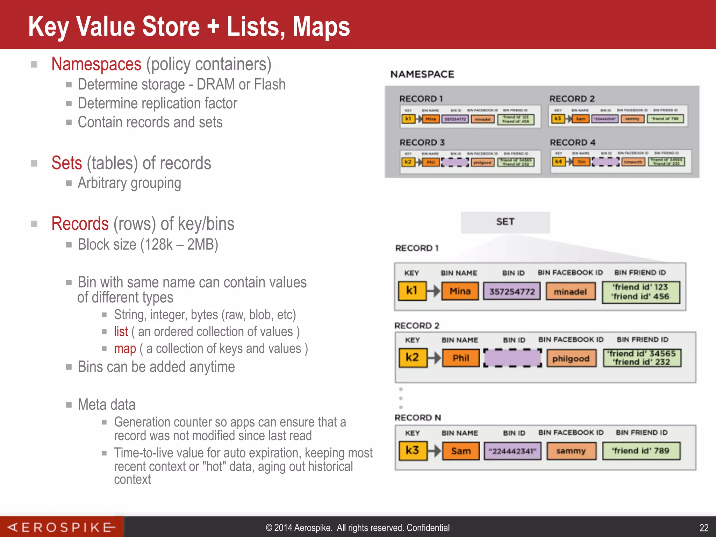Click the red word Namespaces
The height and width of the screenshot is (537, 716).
pyautogui.click(x=96, y=64)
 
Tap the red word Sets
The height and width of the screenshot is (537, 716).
pyautogui.click(x=66, y=163)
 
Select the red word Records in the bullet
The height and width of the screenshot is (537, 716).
pyautogui.click(x=80, y=224)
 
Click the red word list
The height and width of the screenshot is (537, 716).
pyautogui.click(x=121, y=331)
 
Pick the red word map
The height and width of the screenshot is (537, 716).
pyautogui.click(x=124, y=349)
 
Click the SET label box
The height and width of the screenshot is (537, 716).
pyautogui.click(x=505, y=222)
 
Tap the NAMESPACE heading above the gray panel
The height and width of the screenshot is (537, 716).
pyautogui.click(x=422, y=74)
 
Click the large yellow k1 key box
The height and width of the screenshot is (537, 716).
pyautogui.click(x=412, y=291)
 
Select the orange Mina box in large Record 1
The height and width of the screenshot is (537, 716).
pyautogui.click(x=460, y=291)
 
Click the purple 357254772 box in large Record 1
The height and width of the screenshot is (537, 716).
pyautogui.click(x=511, y=292)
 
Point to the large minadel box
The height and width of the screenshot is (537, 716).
pyautogui.click(x=570, y=292)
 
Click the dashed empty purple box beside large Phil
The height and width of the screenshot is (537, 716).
pyautogui.click(x=512, y=358)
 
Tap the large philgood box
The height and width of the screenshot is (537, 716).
pyautogui.click(x=571, y=359)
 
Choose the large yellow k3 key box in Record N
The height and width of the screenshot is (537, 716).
pyautogui.click(x=413, y=451)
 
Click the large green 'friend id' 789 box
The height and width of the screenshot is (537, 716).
pyautogui.click(x=641, y=451)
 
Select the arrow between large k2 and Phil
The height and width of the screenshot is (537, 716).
pyautogui.click(x=434, y=358)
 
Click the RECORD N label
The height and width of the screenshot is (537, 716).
pyautogui.click(x=417, y=418)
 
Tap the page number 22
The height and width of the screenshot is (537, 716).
pyautogui.click(x=704, y=528)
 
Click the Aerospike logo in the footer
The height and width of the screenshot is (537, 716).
pyautogui.click(x=62, y=527)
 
